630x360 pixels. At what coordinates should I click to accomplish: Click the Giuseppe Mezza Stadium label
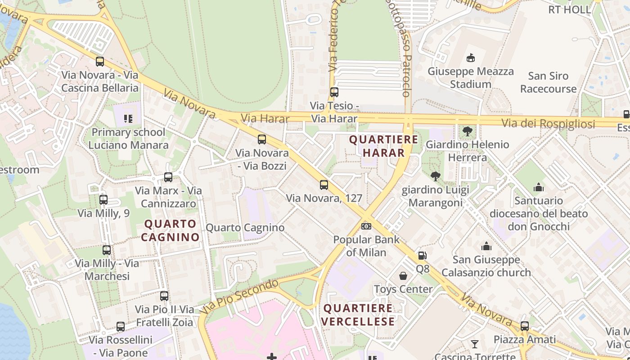[x=470, y=78]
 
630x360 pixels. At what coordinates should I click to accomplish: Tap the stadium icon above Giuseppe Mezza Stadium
[x=471, y=58]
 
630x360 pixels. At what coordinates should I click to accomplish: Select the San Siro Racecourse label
[x=548, y=82]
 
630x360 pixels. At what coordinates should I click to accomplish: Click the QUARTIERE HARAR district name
[x=384, y=146]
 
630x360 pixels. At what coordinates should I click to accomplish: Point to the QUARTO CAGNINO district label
[x=171, y=230]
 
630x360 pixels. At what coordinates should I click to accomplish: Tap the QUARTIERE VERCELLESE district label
[x=358, y=315]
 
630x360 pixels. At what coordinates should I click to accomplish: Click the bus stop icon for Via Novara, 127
[x=324, y=184]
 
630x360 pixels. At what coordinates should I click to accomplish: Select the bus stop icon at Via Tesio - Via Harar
[x=334, y=92]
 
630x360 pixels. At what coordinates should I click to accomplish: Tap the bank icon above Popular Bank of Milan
[x=366, y=226]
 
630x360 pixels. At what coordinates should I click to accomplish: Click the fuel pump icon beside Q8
[x=422, y=256]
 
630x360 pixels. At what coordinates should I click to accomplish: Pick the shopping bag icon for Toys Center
[x=403, y=275]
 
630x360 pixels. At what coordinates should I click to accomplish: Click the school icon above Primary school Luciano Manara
[x=128, y=119]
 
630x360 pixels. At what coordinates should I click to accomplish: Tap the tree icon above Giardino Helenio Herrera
[x=467, y=131]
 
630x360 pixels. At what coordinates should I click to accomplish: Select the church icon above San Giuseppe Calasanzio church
[x=486, y=246]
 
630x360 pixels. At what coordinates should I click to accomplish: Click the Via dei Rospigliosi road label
[x=548, y=124]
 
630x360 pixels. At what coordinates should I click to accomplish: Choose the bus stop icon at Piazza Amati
[x=525, y=326]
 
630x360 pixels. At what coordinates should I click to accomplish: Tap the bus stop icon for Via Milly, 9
[x=103, y=199]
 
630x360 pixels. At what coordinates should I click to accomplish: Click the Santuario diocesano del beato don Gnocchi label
[x=539, y=213]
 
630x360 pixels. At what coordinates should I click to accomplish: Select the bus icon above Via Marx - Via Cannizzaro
[x=168, y=177]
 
